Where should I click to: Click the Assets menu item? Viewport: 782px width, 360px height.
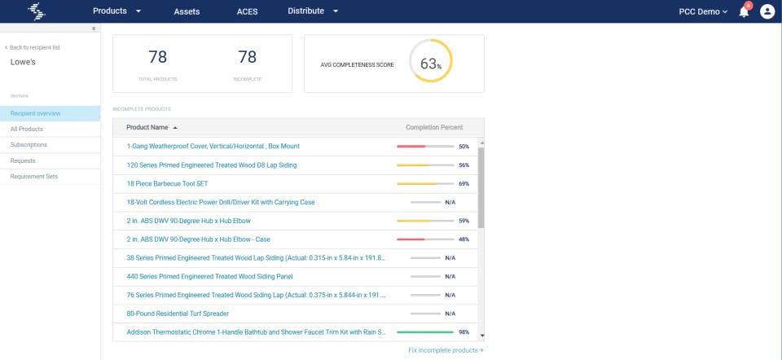point(187,11)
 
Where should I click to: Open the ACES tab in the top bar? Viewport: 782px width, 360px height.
point(247,11)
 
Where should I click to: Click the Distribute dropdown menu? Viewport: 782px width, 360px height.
point(313,11)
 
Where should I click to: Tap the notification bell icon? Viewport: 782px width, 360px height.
point(744,11)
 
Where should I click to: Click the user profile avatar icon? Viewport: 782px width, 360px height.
point(767,11)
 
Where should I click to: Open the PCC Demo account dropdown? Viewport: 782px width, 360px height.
point(703,11)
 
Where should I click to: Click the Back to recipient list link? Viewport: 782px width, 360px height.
point(34,47)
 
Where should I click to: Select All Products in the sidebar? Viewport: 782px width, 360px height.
point(27,129)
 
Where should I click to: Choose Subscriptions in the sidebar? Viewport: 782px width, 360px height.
point(29,144)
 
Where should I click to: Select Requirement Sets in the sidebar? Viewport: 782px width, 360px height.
point(33,175)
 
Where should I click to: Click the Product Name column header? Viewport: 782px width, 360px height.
point(147,127)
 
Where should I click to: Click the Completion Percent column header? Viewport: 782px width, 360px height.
point(434,127)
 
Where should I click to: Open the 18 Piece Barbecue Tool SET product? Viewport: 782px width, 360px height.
point(167,183)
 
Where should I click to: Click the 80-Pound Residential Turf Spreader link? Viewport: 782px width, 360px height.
point(178,314)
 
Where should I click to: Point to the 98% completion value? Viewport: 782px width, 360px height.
point(463,332)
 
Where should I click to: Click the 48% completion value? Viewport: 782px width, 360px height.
point(463,239)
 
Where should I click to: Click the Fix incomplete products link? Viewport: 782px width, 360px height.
point(446,350)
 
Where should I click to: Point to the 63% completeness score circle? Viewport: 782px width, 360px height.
point(430,62)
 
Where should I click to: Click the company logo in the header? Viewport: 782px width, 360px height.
point(37,11)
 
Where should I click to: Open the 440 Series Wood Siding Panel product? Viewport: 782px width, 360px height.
point(209,276)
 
